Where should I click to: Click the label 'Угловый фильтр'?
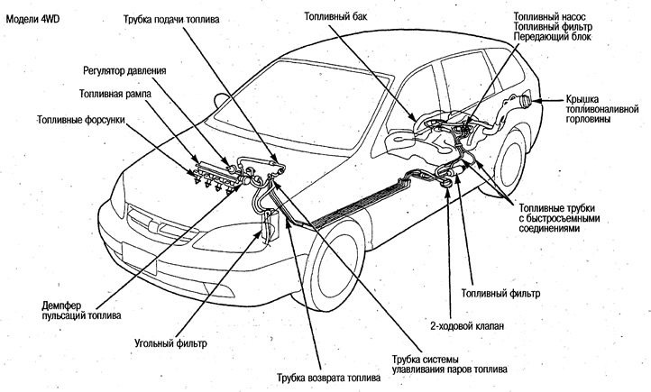(175, 343)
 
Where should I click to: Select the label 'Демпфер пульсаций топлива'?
(87, 311)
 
